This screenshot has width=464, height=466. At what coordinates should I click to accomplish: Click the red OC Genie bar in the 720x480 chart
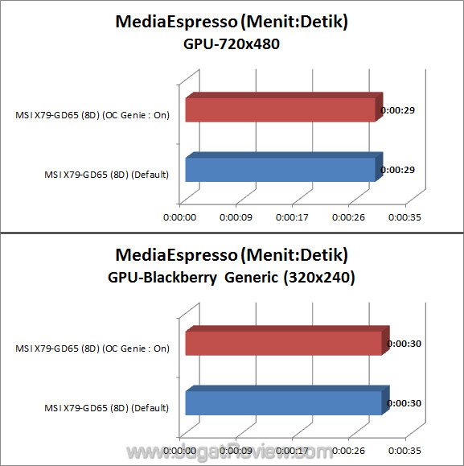(280, 109)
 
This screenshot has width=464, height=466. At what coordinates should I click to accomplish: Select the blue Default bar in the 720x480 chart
(280, 169)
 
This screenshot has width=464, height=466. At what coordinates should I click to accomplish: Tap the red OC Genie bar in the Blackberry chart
(283, 344)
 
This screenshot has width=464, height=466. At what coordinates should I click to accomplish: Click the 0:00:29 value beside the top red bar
(398, 109)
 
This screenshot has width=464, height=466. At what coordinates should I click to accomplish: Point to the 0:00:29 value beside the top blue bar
(398, 170)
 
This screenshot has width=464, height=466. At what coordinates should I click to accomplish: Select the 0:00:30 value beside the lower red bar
(404, 344)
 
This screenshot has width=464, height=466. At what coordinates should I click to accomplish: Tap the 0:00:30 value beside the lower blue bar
(404, 402)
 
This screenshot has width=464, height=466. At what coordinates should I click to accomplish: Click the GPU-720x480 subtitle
(232, 45)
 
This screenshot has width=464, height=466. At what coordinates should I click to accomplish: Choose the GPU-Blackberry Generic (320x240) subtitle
(232, 278)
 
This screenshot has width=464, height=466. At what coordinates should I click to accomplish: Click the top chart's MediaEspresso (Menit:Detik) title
(232, 23)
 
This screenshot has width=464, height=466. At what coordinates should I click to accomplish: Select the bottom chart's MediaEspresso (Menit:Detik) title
(232, 256)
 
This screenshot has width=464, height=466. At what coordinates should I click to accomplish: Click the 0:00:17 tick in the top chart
(291, 217)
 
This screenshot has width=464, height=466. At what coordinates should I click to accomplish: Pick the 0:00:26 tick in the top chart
(348, 217)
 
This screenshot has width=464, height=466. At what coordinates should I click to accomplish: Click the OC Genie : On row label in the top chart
(92, 115)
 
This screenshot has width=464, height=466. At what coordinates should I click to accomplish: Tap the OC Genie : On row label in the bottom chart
(92, 348)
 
